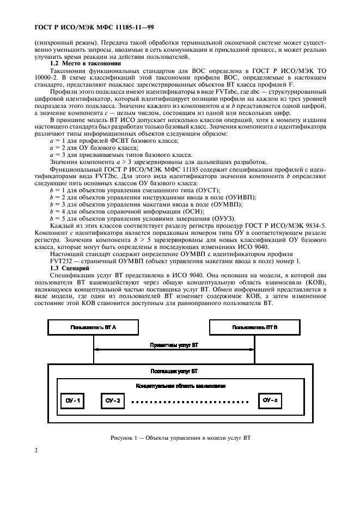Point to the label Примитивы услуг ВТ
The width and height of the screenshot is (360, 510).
tap(174, 345)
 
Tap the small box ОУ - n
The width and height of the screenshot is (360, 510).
tap(271, 400)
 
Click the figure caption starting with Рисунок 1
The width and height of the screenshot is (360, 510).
tap(180, 438)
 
